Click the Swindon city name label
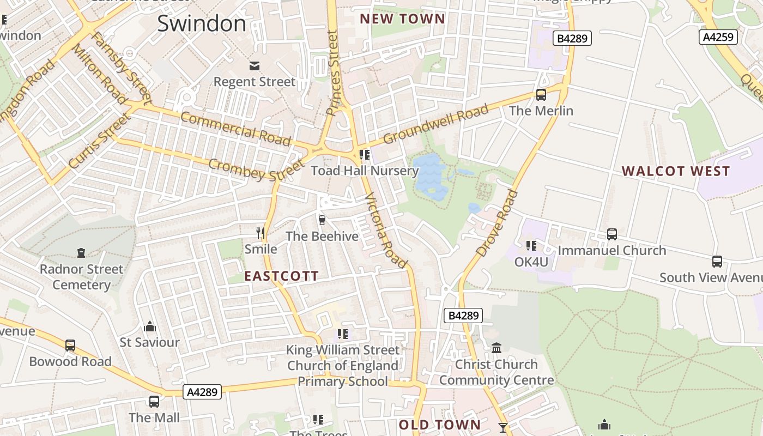click(202, 23)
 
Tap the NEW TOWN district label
click(403, 19)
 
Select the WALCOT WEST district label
click(676, 171)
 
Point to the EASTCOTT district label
click(281, 276)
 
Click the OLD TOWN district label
click(440, 425)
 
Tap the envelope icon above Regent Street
click(255, 66)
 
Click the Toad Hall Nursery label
click(365, 171)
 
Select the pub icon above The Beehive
click(322, 220)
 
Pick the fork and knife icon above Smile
click(261, 233)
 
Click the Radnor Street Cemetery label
click(81, 277)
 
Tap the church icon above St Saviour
click(150, 326)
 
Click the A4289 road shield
click(202, 392)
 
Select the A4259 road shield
click(718, 37)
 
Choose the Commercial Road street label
click(235, 129)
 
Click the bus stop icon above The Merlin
click(541, 95)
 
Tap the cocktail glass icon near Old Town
click(502, 427)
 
